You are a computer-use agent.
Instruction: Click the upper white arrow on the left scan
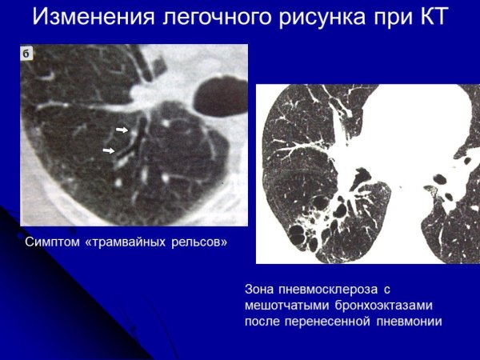tap(122, 129)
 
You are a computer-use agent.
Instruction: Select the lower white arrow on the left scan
tap(109, 150)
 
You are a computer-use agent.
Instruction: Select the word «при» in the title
tap(388, 18)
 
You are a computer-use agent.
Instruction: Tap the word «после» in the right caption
tap(265, 322)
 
